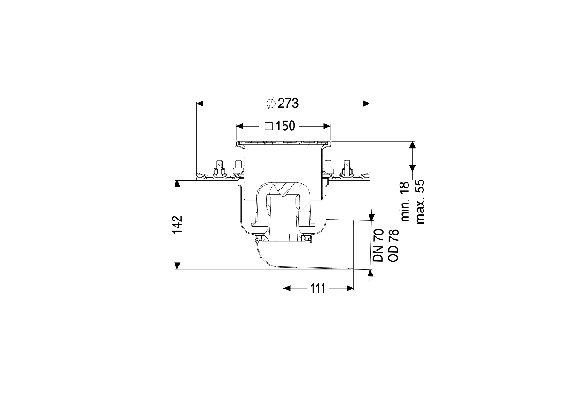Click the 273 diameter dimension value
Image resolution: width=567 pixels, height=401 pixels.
coord(288,104)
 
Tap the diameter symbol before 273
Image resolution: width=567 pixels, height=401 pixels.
coord(271,104)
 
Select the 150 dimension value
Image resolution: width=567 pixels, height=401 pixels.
coord(285,126)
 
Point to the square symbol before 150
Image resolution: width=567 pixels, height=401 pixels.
coord(268,127)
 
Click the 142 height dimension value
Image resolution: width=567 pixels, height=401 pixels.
coord(177,225)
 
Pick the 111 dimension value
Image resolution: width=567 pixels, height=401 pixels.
coord(318,289)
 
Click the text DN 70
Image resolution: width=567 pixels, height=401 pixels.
coord(378,245)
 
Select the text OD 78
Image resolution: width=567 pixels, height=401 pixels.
coord(393,245)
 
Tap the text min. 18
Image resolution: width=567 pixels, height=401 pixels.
coord(405,202)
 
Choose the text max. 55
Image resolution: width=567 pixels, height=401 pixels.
coord(420,202)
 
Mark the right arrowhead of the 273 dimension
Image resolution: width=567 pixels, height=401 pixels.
coord(367,104)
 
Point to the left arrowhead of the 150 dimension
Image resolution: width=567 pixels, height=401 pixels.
coord(239,126)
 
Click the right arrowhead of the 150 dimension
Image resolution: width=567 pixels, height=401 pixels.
coord(327,126)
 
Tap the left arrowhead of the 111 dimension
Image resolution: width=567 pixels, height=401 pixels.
coord(287,289)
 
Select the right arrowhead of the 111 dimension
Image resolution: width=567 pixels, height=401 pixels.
coord(350,289)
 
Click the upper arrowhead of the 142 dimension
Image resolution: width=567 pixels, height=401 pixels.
coord(177,184)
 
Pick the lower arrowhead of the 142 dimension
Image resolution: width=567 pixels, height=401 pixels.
coord(177,266)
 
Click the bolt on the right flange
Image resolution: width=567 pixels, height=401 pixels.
coord(347,167)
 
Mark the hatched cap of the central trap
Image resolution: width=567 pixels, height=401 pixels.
coord(283,189)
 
